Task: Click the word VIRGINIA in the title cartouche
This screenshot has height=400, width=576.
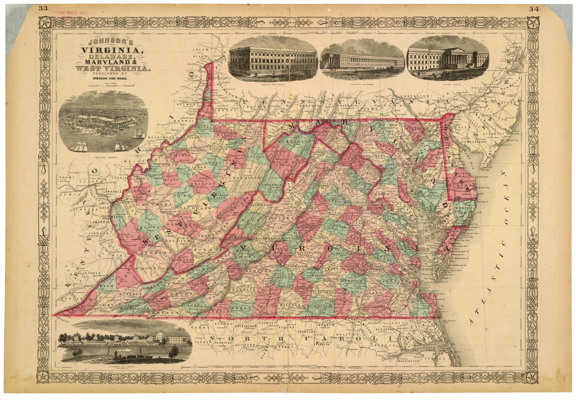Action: pyautogui.click(x=113, y=50)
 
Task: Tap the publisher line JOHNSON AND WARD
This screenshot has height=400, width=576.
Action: pyautogui.click(x=112, y=80)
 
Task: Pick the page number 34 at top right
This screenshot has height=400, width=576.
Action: pyautogui.click(x=534, y=8)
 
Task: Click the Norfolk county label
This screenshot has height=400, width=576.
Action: pyautogui.click(x=423, y=307)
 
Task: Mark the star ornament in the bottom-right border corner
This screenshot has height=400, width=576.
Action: pyautogui.click(x=532, y=376)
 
